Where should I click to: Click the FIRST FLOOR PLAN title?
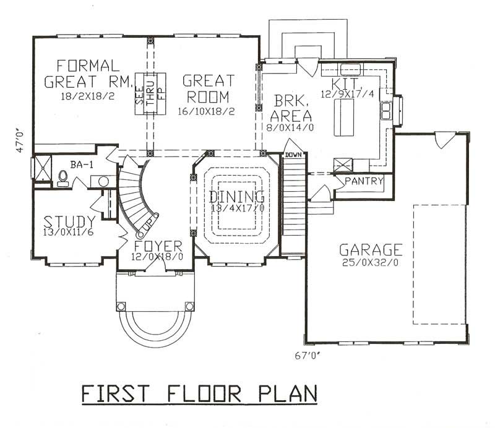click(199, 394)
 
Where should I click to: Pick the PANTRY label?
click(364, 181)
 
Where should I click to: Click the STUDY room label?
click(69, 221)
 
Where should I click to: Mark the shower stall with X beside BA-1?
click(41, 168)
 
